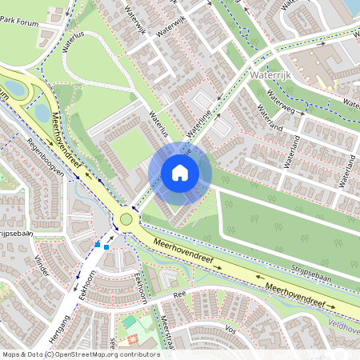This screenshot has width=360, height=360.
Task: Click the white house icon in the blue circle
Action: tap(180, 172)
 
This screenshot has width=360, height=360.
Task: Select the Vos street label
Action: tap(231, 329)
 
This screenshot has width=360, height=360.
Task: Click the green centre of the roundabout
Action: tap(126, 219)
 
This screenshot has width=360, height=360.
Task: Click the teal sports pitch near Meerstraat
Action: tap(130, 322)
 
